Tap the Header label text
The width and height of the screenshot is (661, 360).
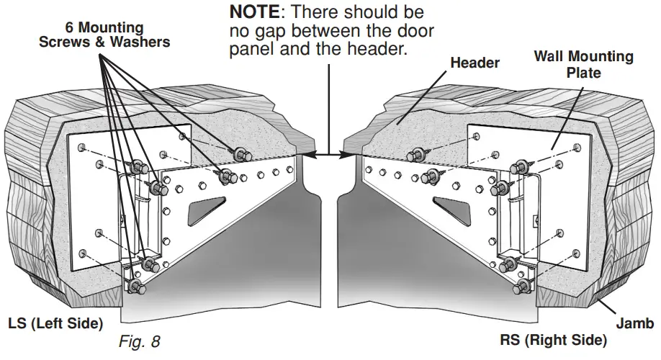coord(475,63)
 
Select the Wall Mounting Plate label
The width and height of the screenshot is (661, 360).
coord(583,65)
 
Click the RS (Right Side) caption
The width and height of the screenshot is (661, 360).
coord(553,339)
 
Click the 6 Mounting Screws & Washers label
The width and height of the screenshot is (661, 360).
coord(104,35)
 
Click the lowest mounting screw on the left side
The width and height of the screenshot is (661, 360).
coord(136,287)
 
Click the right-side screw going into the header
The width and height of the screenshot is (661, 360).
coord(415,153)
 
